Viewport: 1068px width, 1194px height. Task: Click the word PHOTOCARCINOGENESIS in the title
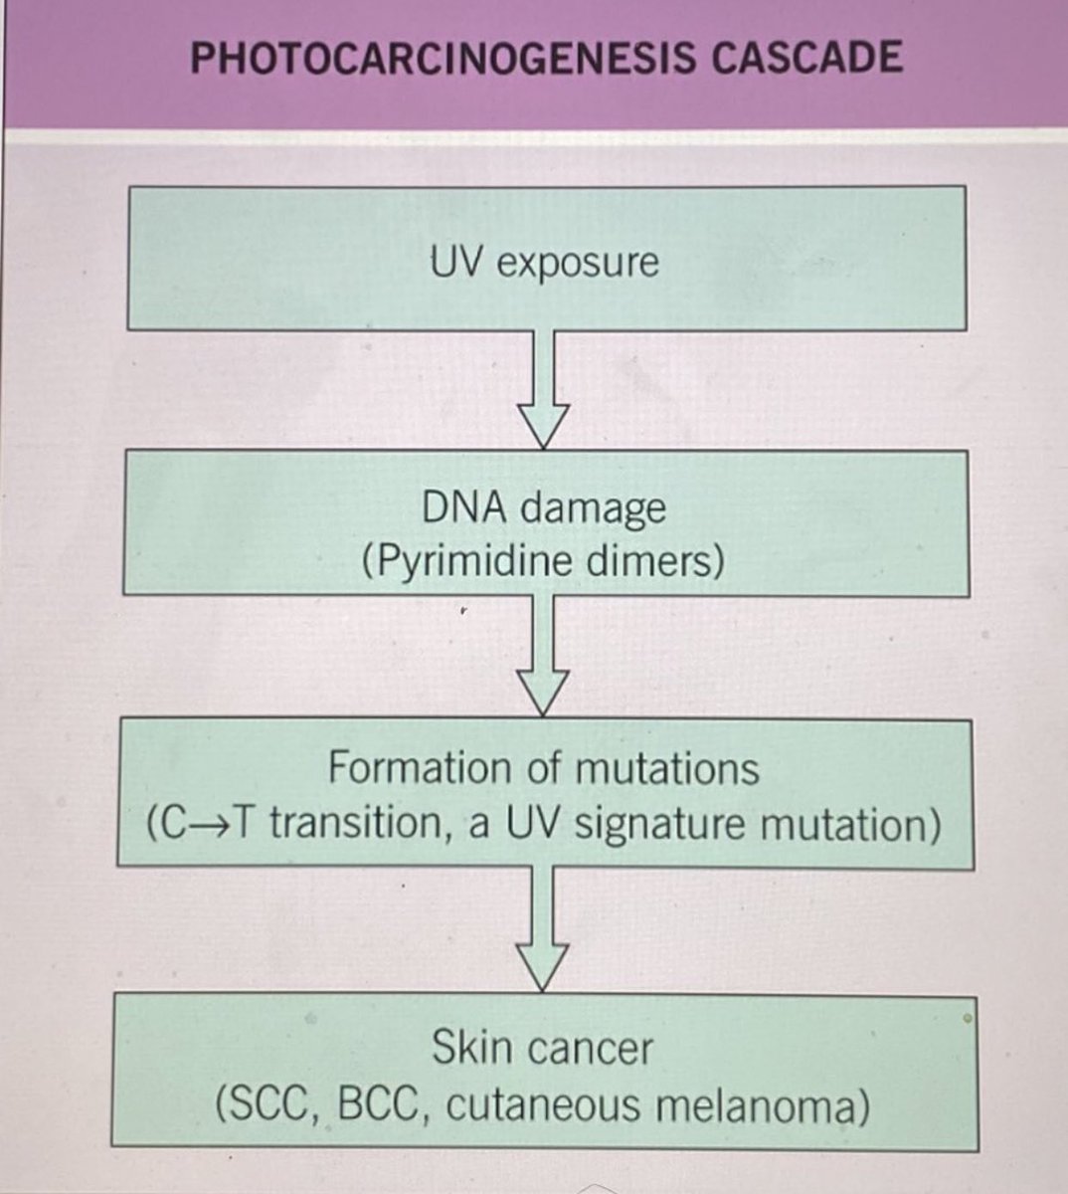[x=442, y=58]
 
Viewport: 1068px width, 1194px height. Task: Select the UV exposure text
[x=544, y=263]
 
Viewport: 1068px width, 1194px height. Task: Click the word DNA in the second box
[x=465, y=507]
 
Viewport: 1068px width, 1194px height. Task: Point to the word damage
[x=593, y=509]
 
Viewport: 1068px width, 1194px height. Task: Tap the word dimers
[x=654, y=562]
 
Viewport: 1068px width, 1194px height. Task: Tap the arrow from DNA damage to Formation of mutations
[x=544, y=657]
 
